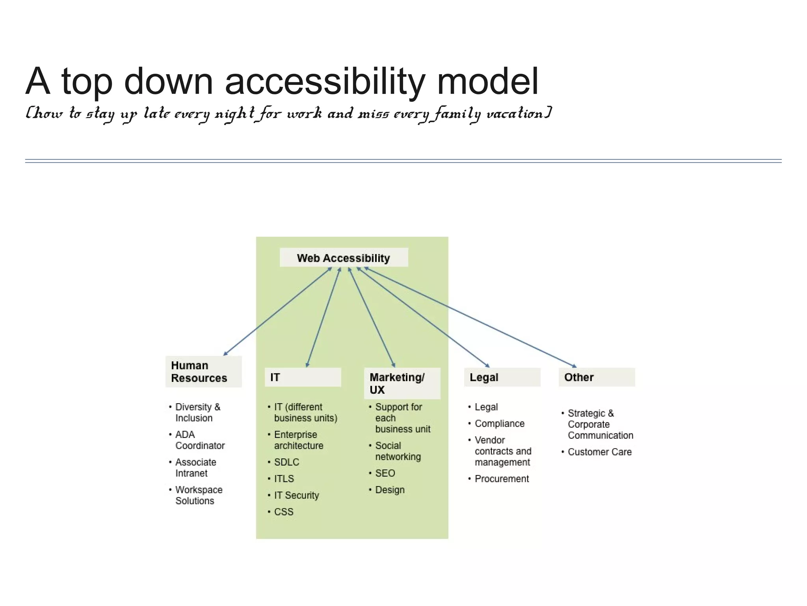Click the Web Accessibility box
344,258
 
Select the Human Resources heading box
203,372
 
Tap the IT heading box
303,377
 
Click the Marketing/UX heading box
402,383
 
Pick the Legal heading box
502,377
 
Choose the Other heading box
597,377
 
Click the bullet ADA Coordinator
199,440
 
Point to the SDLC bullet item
286,462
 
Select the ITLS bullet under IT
284,479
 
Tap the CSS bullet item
284,512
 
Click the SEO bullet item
385,473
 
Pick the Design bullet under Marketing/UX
390,490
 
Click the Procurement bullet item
502,479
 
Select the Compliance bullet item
499,423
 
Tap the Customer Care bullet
599,452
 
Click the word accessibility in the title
325,82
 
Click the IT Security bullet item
296,495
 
